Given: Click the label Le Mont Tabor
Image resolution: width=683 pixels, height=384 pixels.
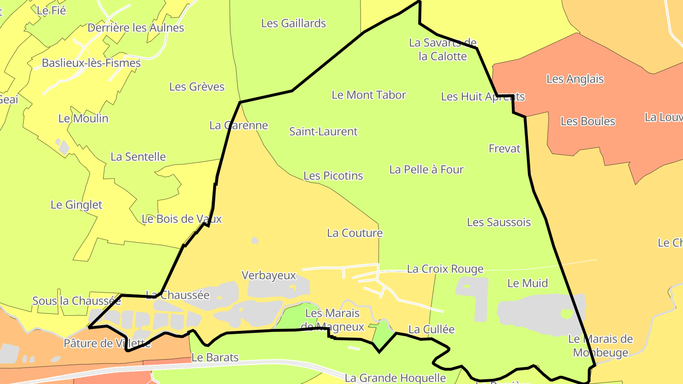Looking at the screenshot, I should click(369, 95).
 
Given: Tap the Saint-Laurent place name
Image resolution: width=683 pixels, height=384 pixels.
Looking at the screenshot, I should click(323, 131).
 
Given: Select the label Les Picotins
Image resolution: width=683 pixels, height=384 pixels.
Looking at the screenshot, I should click(333, 176).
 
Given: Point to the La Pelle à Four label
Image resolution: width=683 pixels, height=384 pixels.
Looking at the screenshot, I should click(426, 169).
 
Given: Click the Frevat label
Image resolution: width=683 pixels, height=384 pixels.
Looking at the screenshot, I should click(504, 148).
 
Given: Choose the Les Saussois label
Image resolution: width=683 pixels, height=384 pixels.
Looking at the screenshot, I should click(498, 222).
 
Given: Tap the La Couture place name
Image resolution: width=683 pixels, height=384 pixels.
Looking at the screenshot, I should click(354, 233).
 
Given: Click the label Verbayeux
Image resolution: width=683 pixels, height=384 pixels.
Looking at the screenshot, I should click(268, 275).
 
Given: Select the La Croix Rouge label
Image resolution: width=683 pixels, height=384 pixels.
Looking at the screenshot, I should click(445, 269).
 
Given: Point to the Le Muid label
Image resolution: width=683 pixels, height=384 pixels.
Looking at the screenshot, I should click(527, 283).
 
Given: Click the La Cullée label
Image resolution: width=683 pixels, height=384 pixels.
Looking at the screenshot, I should click(431, 329).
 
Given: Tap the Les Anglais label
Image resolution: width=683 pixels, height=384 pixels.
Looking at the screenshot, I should click(575, 79).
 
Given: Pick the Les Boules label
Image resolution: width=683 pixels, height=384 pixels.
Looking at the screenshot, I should click(588, 121).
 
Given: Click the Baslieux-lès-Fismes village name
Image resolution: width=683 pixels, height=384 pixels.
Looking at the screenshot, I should click(91, 63).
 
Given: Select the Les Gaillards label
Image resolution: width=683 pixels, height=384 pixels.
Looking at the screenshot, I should click(294, 23).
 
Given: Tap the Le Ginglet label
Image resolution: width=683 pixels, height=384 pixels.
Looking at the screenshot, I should click(76, 205).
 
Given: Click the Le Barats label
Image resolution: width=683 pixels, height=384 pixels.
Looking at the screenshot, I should click(215, 357).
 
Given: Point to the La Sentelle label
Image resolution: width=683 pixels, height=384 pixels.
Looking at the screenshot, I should click(138, 156).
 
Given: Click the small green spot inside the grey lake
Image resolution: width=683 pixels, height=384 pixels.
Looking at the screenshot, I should click(566, 313).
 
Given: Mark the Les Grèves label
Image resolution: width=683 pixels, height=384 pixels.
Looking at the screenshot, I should click(196, 87).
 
